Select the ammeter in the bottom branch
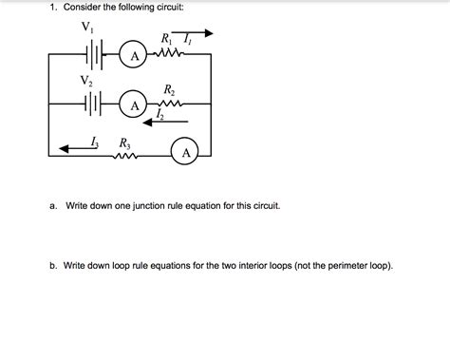[x=186, y=152]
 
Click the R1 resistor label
[x=169, y=39]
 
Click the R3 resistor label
[x=123, y=143]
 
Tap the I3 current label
[x=93, y=142]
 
